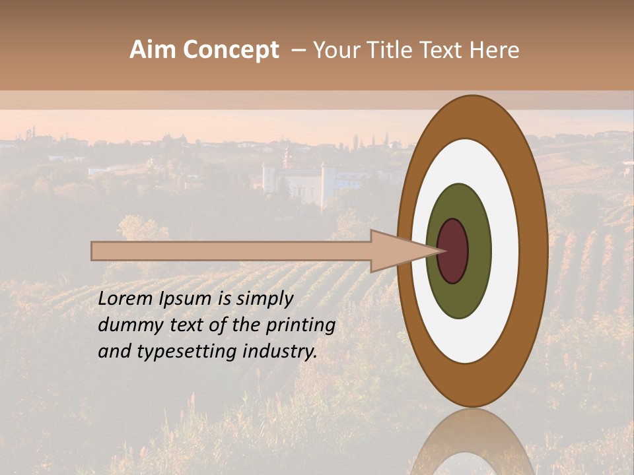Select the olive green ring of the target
click(x=459, y=205)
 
